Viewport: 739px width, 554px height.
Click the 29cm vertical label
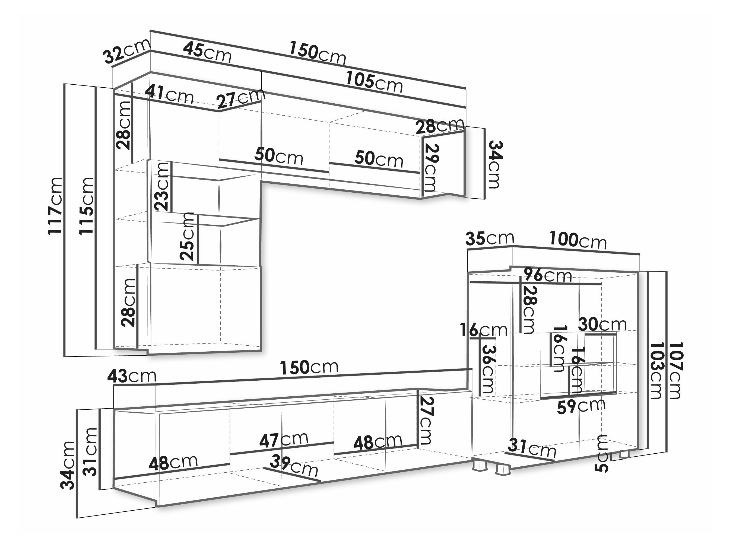coord(431,168)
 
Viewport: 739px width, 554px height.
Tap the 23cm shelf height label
coord(162,186)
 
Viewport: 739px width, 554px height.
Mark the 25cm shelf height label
coord(186,236)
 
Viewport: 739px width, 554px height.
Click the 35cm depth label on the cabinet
coord(489,238)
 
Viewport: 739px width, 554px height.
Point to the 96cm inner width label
coord(548,275)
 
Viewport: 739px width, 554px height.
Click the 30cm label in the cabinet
coord(602,324)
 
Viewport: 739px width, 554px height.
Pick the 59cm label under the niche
coord(581,406)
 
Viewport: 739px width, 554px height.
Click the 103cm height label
coord(655,370)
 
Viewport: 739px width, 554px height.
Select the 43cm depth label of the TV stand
coord(132,376)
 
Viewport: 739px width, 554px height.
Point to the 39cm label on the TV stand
coord(294,466)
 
